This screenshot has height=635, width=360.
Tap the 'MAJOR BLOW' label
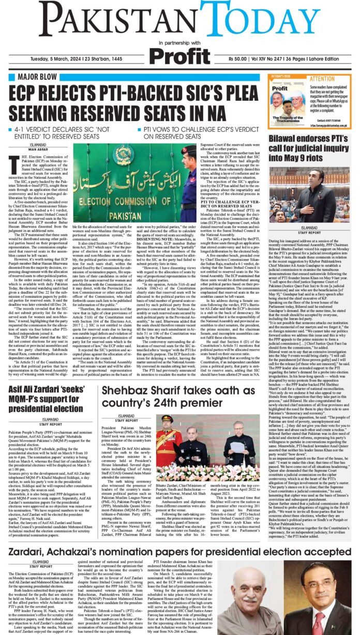(x=32, y=77)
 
